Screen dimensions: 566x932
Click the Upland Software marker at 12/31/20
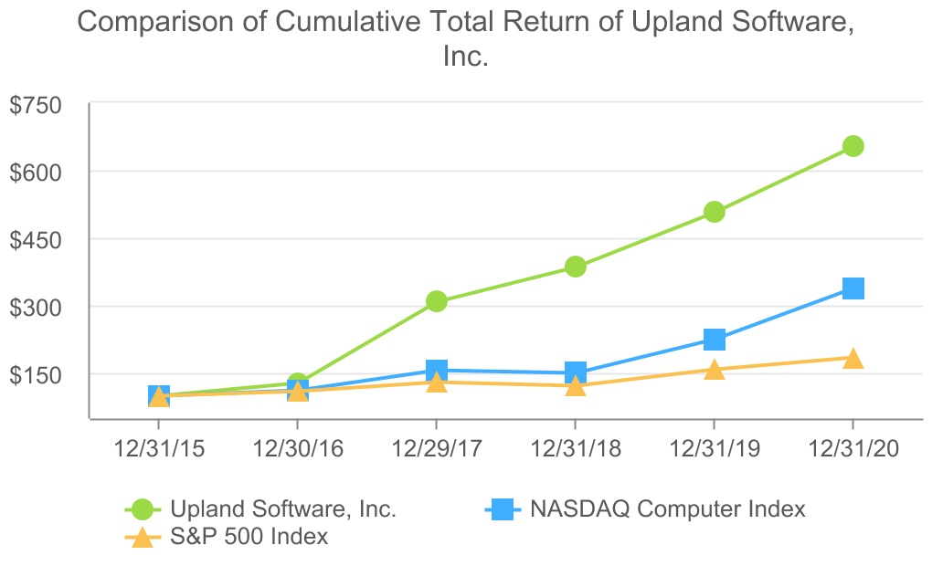pos(853,146)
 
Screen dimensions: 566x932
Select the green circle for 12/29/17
pos(436,301)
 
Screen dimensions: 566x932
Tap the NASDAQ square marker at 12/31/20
pos(853,288)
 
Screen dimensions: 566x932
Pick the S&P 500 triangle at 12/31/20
pos(853,359)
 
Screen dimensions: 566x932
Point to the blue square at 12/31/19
pos(714,340)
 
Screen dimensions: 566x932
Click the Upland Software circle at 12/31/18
pos(575,267)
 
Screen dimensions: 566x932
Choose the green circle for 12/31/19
pos(714,213)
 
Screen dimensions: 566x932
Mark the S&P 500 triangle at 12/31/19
pos(714,370)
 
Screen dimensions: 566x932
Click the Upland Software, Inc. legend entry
pos(283,509)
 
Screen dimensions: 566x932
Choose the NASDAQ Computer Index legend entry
pos(668,509)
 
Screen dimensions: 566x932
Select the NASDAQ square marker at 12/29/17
pos(436,371)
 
